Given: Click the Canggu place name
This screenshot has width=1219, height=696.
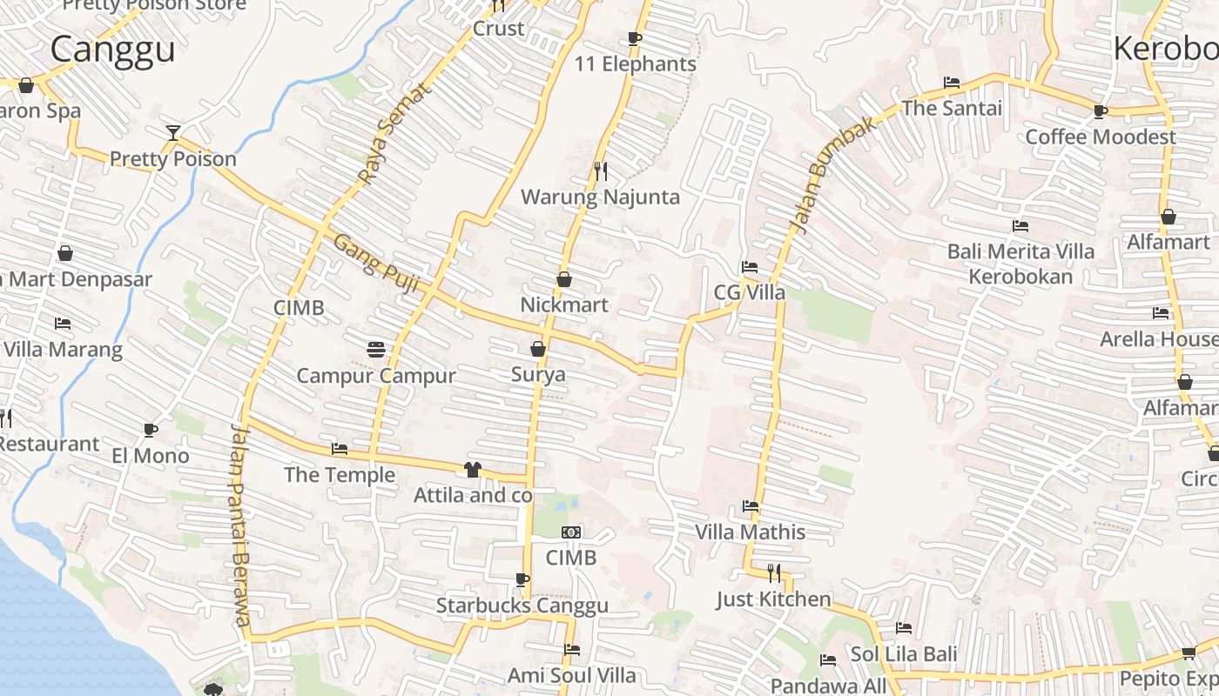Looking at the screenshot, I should point(112,50).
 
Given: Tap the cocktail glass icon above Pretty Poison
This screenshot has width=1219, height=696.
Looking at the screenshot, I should point(173,133).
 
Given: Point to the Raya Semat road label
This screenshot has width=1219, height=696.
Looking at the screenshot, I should point(394,133).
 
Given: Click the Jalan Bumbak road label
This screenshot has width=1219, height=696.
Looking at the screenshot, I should point(832,174).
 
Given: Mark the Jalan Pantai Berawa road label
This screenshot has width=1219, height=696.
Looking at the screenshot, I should point(240,524).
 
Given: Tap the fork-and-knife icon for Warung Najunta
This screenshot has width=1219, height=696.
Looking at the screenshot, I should point(600,171).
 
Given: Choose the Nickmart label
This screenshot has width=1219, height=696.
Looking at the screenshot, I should point(564,305).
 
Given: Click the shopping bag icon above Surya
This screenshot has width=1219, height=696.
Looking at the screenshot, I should point(538,349).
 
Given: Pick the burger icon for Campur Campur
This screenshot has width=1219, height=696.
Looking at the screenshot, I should point(376,350).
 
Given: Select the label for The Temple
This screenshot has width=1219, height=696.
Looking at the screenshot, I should point(340,475).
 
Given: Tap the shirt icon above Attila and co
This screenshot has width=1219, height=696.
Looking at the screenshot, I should point(473,470).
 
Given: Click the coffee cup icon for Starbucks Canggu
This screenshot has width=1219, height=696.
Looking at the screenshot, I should point(522,579).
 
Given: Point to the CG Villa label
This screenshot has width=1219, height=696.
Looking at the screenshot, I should point(750,292).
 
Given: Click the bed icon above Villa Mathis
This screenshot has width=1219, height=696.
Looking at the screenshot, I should point(751,506).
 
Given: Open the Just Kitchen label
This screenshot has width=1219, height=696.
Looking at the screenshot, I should point(774,599).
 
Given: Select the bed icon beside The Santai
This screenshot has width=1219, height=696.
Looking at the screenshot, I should point(952,83).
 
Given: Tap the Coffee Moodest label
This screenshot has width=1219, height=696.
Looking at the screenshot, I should point(1101,137).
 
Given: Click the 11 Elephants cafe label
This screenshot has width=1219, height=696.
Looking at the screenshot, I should point(636,64).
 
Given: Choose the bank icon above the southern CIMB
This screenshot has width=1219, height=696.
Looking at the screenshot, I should point(571,532).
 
